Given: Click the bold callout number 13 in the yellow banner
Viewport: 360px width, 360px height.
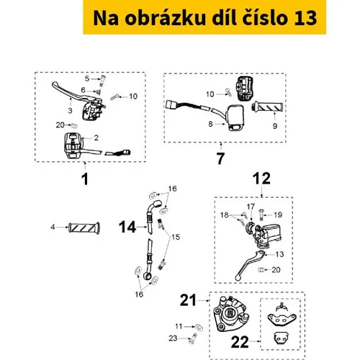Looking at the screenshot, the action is [x=305, y=18].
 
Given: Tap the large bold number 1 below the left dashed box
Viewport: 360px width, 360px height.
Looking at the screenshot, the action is [x=85, y=179].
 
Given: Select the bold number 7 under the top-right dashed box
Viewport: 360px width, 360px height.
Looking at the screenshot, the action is [x=220, y=158].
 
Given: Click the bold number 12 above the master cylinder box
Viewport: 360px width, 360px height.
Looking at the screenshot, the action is [x=261, y=179].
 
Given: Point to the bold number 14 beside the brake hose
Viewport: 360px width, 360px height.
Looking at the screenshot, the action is [x=127, y=227].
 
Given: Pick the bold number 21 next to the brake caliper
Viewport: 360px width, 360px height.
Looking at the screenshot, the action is [x=188, y=300].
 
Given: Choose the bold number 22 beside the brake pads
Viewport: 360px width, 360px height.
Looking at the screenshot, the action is [x=240, y=342].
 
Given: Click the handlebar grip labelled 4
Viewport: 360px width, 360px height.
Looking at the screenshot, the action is [x=84, y=228].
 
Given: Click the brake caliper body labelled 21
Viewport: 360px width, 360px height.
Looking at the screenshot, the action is [x=230, y=315].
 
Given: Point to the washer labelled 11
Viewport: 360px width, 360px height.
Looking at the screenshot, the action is [x=199, y=328].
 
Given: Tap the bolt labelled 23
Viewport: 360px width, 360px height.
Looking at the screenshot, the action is [x=192, y=338].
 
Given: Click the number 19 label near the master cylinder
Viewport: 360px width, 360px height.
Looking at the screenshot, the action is [x=278, y=215].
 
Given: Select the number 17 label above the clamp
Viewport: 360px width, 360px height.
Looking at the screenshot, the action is [x=251, y=207].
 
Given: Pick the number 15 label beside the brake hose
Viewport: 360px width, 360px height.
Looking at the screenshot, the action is [x=176, y=237].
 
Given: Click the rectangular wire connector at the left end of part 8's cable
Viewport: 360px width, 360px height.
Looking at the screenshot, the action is [x=171, y=105].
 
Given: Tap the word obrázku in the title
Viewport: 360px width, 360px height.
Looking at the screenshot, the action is [x=165, y=18].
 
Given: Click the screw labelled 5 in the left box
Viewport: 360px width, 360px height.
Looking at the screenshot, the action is [x=103, y=81].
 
